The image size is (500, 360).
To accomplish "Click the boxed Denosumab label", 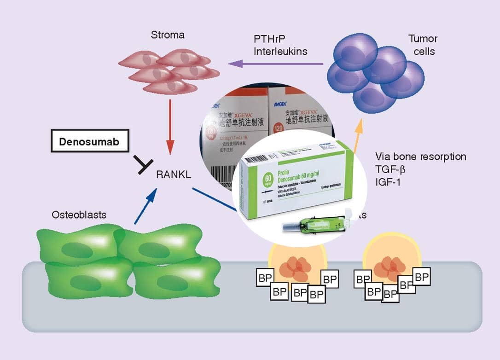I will pos(89,141).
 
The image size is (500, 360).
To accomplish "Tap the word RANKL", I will pos(173,174).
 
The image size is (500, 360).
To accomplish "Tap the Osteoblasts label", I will pos(80,215).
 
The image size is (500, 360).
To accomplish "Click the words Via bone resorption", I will pos(421,157).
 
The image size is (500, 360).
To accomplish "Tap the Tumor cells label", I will pos(423,45).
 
